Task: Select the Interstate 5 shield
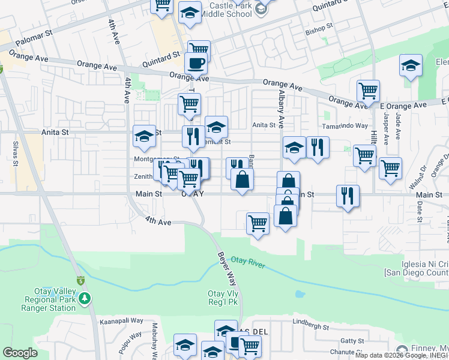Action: (80, 280)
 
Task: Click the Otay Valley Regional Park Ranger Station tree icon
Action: (85, 298)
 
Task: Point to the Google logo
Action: (20, 353)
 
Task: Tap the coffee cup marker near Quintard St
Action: (196, 62)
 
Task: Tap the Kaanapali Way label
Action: (122, 321)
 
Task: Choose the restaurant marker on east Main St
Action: (348, 194)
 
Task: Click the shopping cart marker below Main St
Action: (258, 223)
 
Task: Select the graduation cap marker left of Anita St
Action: (145, 137)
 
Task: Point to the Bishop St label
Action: (319, 29)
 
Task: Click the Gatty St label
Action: (352, 341)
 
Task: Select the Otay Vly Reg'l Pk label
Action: (223, 298)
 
